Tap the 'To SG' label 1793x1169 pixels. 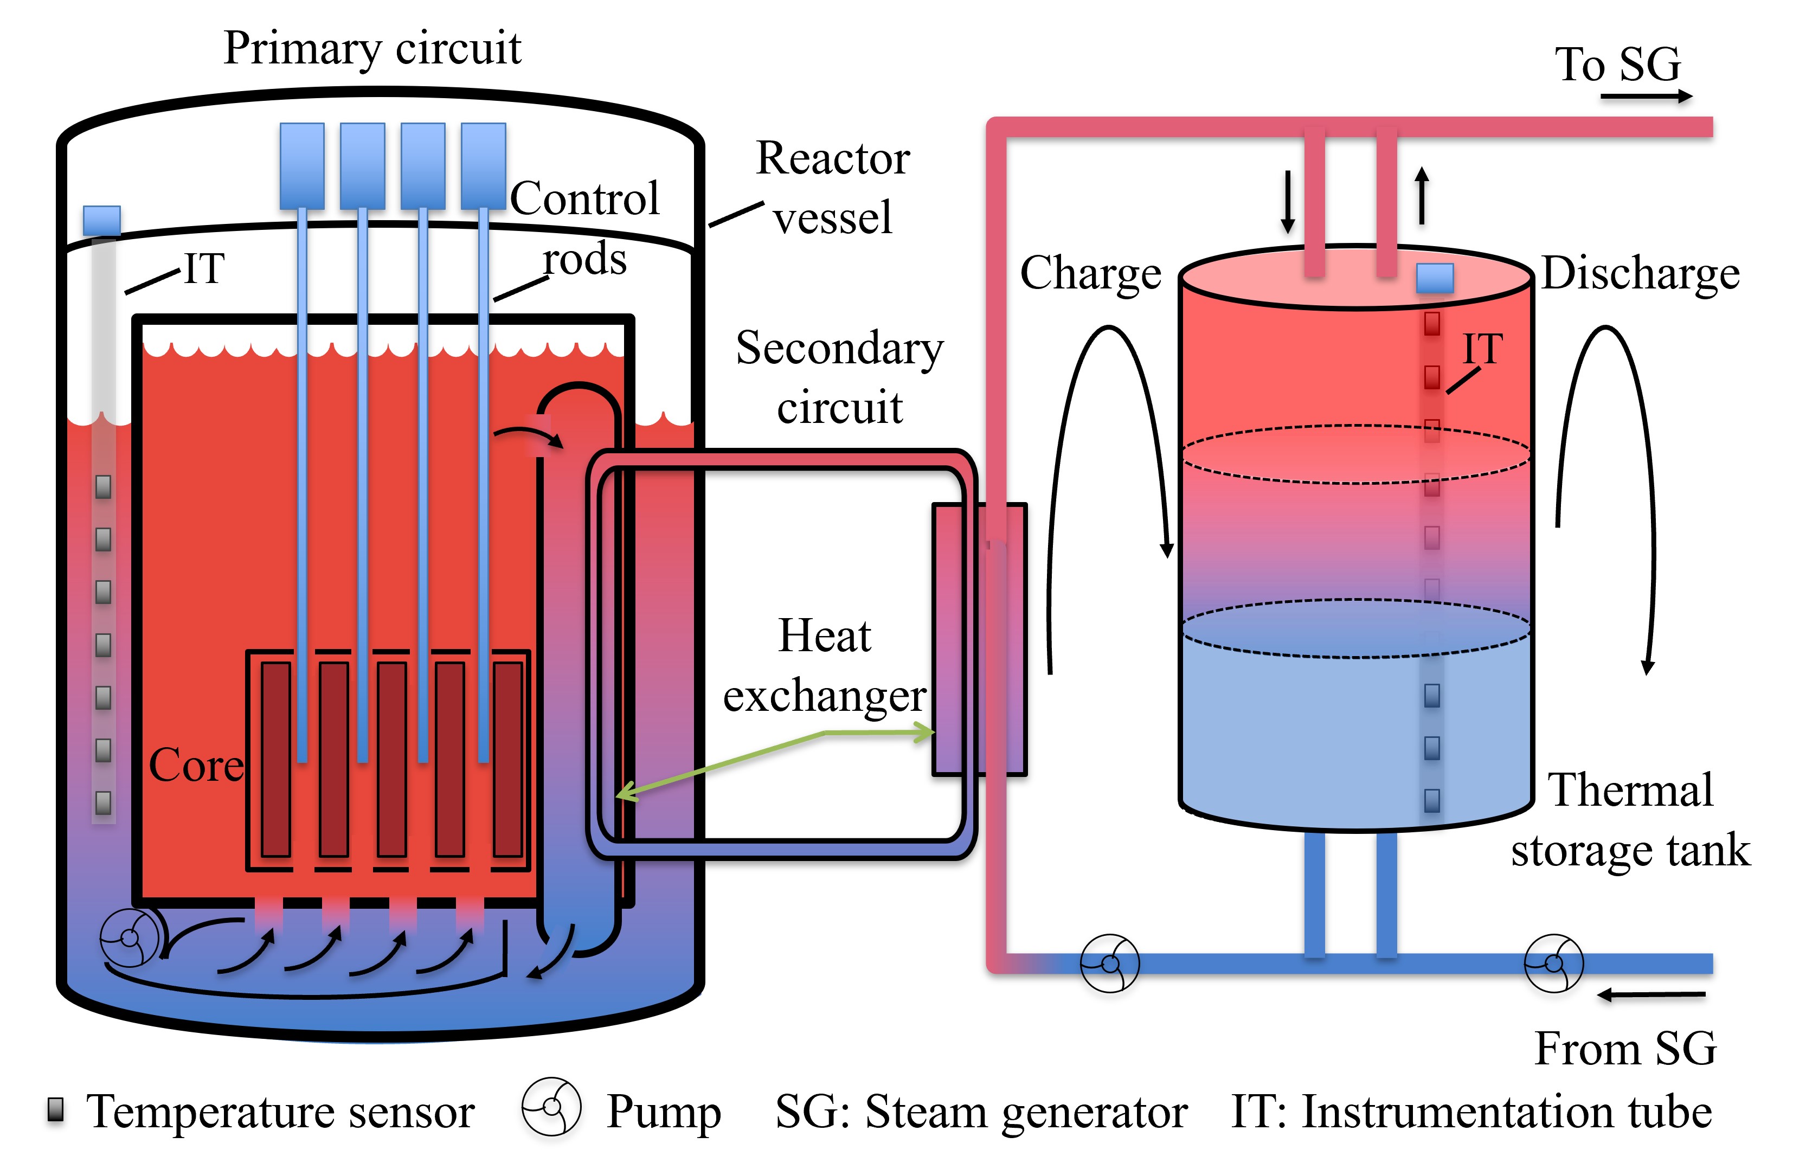tap(1617, 64)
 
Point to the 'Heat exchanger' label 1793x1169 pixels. tap(824, 665)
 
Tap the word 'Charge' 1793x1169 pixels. tap(1090, 273)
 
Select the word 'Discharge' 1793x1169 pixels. tap(1640, 273)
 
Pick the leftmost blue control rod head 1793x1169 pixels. tap(302, 166)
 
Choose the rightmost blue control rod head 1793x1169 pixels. tap(483, 166)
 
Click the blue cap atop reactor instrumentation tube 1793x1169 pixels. tap(102, 221)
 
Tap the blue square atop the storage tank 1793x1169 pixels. tap(1435, 278)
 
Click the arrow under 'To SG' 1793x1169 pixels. tap(1646, 97)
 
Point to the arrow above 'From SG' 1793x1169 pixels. tap(1650, 995)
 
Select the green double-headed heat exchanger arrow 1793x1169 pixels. tap(776, 761)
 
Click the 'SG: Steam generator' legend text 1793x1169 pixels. tap(981, 1112)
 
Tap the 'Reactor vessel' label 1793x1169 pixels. tap(832, 188)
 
